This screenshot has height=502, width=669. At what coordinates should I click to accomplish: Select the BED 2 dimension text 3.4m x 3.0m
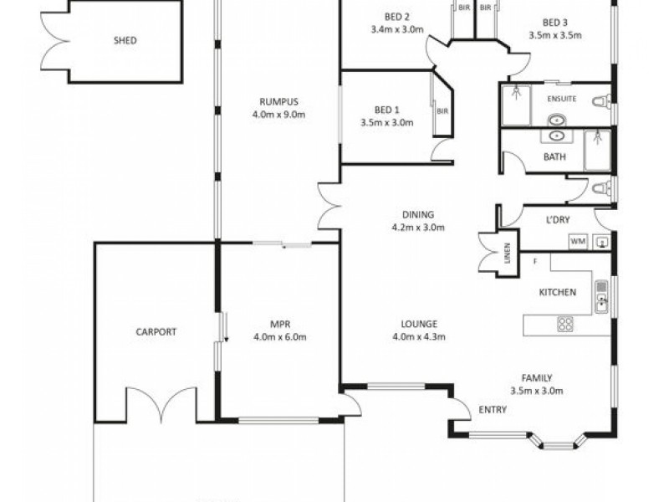click(x=397, y=29)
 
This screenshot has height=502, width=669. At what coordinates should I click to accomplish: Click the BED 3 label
click(x=554, y=23)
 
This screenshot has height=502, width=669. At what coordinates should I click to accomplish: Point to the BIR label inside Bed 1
click(x=442, y=110)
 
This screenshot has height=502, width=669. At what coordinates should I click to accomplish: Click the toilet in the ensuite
click(x=600, y=104)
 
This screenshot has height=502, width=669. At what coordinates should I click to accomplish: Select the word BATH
click(x=554, y=156)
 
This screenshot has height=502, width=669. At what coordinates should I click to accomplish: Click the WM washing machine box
click(x=577, y=241)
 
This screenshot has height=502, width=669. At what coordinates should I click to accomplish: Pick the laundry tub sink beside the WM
click(x=602, y=241)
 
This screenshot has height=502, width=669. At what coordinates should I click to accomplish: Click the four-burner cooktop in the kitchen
click(x=566, y=324)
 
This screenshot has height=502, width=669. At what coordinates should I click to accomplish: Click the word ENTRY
click(x=490, y=410)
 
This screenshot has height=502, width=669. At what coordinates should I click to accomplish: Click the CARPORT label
click(x=156, y=331)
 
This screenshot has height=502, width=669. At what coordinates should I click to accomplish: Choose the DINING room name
click(x=418, y=214)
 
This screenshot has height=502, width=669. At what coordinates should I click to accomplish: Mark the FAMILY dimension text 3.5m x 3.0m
click(x=536, y=390)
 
